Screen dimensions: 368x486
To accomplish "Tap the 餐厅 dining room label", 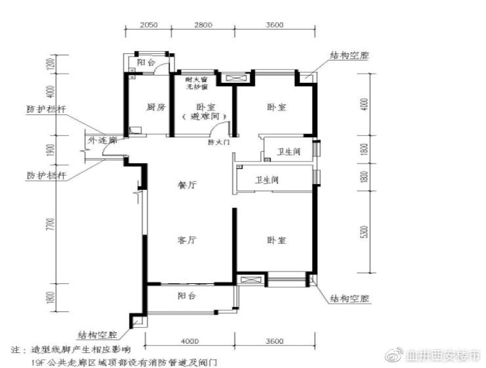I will [188, 186].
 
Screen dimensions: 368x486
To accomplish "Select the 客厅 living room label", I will [188, 241].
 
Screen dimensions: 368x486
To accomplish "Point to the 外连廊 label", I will [101, 141].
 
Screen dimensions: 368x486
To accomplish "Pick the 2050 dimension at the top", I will [148, 25].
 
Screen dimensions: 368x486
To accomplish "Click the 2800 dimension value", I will [203, 25].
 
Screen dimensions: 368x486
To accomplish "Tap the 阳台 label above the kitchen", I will [146, 64].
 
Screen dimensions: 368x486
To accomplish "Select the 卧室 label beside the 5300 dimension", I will [276, 241].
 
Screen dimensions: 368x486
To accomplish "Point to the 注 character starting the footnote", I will [16, 348].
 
